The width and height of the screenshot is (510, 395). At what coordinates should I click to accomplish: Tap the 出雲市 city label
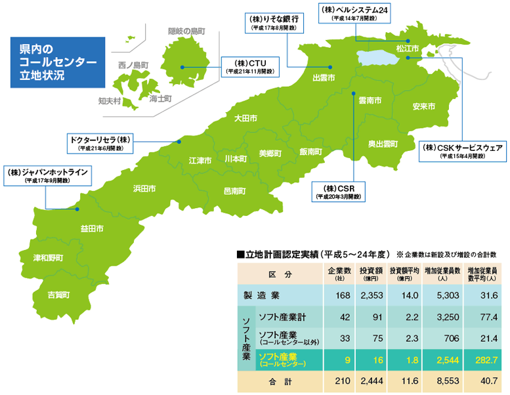[324, 77]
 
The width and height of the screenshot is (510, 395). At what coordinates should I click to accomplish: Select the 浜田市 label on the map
[144, 188]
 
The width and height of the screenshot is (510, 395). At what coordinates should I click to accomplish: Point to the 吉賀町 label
[59, 295]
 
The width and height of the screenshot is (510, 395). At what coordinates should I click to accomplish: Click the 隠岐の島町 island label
[187, 31]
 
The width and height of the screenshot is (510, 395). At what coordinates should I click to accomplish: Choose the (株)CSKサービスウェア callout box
[463, 151]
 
